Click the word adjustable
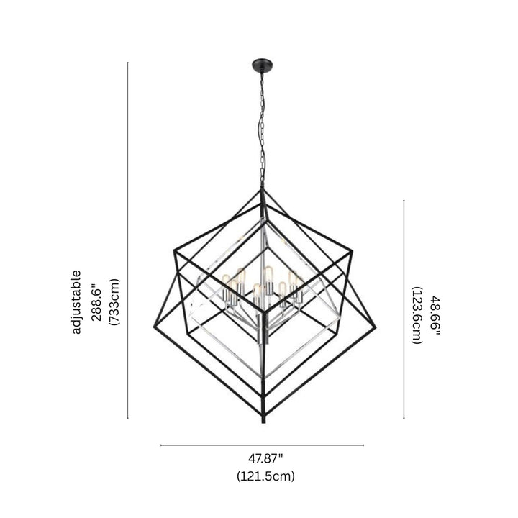point(77,302)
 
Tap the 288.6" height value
point(96,302)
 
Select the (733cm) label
point(114,302)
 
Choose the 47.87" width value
point(266,458)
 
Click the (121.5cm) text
point(266,476)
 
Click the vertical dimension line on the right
point(404,309)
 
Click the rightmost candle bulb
point(294,277)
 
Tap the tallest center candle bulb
point(268,273)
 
